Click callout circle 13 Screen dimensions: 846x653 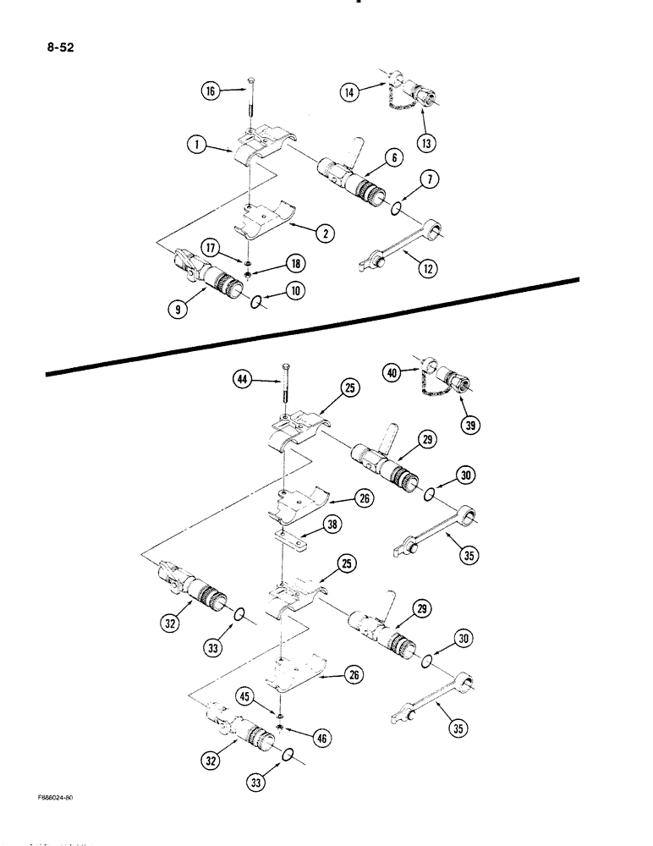pos(427,143)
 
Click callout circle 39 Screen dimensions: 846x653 pos(467,423)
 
